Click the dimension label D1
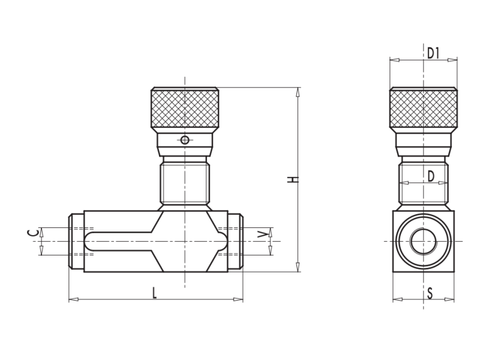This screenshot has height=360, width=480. pos(434,53)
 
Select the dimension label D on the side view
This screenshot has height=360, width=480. pos(430,176)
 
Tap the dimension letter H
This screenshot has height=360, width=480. pos(291,180)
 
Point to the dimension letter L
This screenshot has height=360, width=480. pos(154,293)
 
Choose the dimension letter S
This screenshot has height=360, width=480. pos(430,293)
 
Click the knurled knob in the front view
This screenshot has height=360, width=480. pos(185,109)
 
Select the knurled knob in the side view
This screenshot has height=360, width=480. pos(424,109)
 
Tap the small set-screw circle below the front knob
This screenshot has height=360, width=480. pos(185,140)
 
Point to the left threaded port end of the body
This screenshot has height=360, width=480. pos(76,241)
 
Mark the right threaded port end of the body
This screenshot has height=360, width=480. pos(235,241)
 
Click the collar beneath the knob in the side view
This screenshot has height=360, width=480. pos(424,142)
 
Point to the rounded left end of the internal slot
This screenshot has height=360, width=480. pos(89,241)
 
